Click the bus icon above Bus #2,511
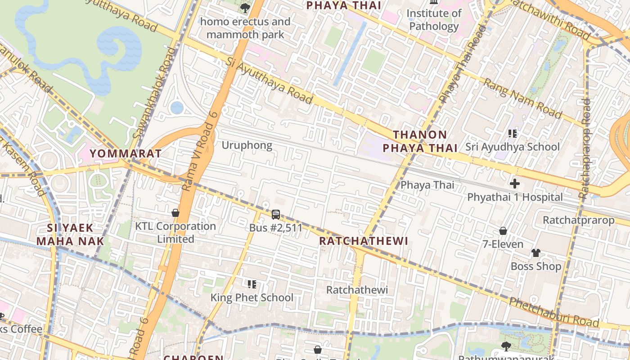tap(276, 215)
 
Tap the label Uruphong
tap(247, 145)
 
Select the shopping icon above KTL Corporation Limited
tap(175, 212)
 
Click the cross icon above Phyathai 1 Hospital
tap(515, 184)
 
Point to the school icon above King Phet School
tap(252, 284)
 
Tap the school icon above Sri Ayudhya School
tap(512, 133)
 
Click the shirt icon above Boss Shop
tap(535, 253)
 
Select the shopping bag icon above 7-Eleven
tap(503, 231)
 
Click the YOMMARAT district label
tap(126, 153)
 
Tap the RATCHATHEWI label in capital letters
tap(364, 241)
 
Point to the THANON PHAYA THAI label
tap(420, 141)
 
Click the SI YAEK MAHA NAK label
tap(70, 234)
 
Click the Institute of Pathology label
tap(434, 20)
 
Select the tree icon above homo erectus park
tap(245, 8)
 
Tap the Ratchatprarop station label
tap(578, 220)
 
